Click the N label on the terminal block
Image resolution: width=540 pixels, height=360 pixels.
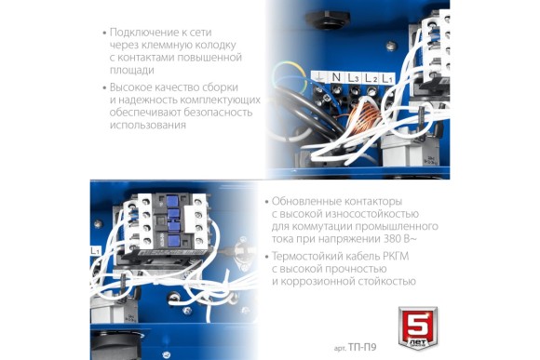point(336,78)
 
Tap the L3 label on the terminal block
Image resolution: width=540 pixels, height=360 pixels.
point(353,79)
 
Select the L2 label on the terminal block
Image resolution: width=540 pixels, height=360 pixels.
point(370,79)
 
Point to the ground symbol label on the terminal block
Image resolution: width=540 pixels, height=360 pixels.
point(319,78)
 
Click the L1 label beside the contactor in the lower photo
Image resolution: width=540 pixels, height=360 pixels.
point(95,252)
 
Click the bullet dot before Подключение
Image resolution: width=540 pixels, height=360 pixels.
point(103,33)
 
